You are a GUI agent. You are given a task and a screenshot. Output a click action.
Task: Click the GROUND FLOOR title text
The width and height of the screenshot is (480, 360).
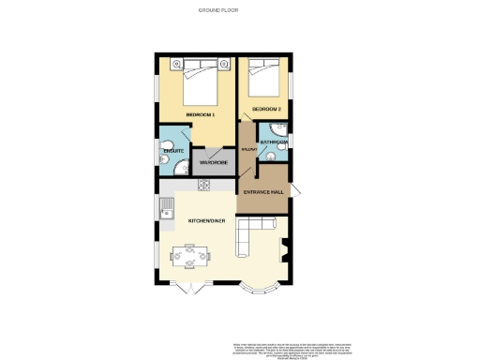pyautogui.click(x=217, y=10)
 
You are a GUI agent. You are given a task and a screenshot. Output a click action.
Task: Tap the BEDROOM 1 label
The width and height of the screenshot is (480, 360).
pyautogui.click(x=201, y=114)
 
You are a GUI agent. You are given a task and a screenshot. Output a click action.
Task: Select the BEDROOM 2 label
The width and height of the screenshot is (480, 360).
pyautogui.click(x=266, y=110)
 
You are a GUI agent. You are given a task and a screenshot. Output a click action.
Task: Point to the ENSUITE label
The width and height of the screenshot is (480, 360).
pyautogui.click(x=173, y=150)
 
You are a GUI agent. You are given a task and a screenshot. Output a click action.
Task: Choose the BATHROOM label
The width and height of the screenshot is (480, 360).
pyautogui.click(x=274, y=142)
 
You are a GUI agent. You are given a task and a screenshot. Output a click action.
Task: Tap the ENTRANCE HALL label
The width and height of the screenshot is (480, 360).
pyautogui.click(x=263, y=192)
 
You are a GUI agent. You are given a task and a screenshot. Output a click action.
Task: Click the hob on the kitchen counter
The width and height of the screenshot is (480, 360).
pyautogui.click(x=204, y=185)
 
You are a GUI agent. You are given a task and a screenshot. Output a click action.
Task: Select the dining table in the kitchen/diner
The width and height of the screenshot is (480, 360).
pyautogui.click(x=190, y=254)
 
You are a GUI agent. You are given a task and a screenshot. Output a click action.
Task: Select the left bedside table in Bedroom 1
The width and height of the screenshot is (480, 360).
pyautogui.click(x=175, y=64)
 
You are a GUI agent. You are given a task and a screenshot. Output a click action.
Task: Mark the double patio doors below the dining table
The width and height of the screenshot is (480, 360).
pyautogui.click(x=189, y=285)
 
